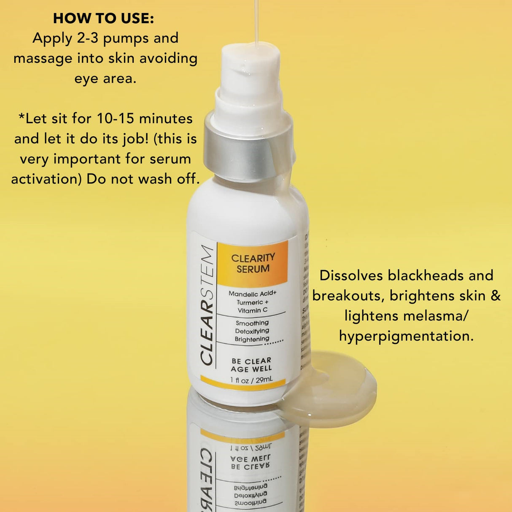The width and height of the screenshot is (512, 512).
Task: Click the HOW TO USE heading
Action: point(103,18)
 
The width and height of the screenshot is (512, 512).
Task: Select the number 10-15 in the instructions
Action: point(116,119)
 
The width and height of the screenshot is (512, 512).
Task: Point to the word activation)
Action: point(46,179)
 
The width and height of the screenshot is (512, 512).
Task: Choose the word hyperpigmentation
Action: point(406,336)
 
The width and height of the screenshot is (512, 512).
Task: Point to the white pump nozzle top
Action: point(251,63)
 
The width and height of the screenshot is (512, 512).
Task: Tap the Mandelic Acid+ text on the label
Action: point(252,294)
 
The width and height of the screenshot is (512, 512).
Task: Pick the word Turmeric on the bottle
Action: point(250,302)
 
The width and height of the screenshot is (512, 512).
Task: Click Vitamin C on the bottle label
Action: point(252,310)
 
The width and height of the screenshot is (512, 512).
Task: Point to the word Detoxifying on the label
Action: point(252,331)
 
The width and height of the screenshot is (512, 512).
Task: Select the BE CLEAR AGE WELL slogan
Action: point(251,365)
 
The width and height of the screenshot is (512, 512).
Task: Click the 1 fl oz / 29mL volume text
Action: point(251,380)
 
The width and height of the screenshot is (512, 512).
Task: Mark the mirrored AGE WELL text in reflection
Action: point(251,458)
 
